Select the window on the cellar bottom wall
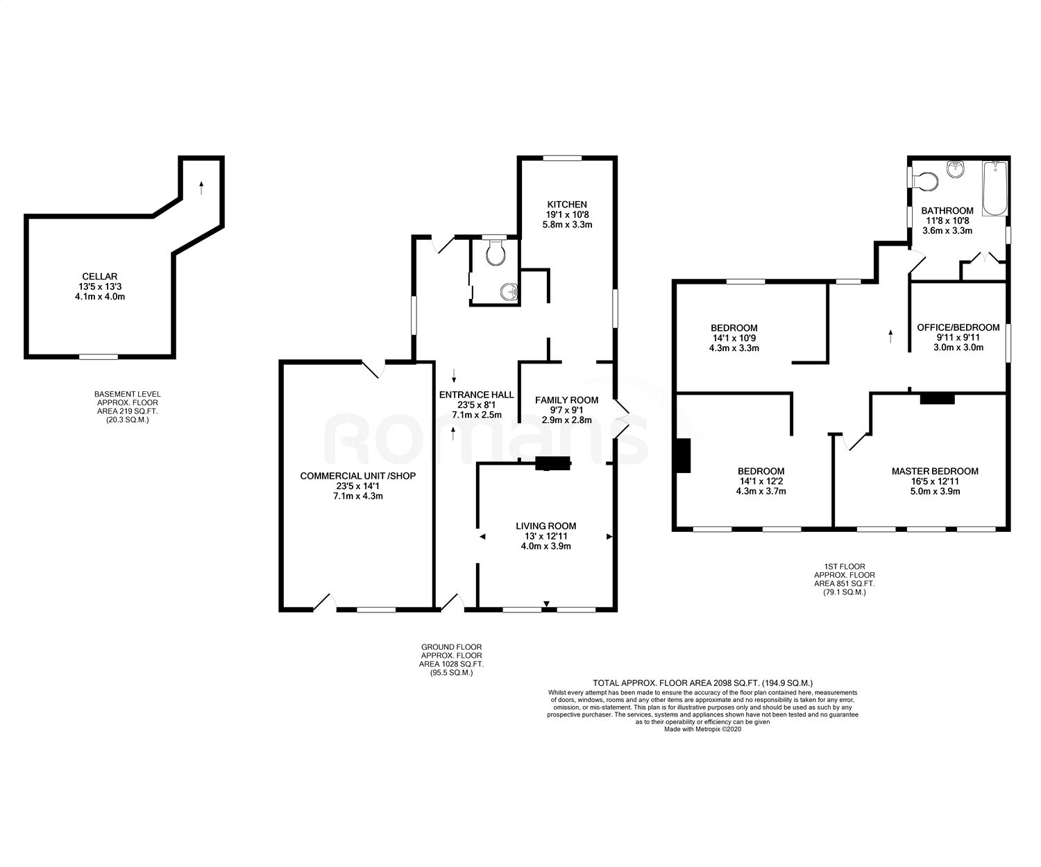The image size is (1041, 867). click(x=98, y=357)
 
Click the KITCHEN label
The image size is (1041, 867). click(x=567, y=205)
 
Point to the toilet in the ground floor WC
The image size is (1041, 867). click(x=496, y=254)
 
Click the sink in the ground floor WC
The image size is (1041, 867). click(x=509, y=293)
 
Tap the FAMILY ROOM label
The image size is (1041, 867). click(x=566, y=400)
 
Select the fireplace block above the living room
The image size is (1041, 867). click(x=553, y=464)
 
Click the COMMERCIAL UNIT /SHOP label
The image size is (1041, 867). click(x=357, y=476)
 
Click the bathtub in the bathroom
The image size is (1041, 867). click(x=994, y=189)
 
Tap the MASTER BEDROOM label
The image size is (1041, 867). click(x=935, y=471)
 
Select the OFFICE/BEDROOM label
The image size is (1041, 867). click(x=958, y=327)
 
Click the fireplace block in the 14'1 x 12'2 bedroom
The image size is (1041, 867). click(x=684, y=456)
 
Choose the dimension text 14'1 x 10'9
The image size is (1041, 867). click(x=734, y=338)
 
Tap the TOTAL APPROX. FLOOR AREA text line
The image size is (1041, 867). click(x=702, y=683)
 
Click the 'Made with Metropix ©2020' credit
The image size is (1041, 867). click(x=702, y=729)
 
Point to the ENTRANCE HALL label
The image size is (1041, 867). click(x=476, y=395)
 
